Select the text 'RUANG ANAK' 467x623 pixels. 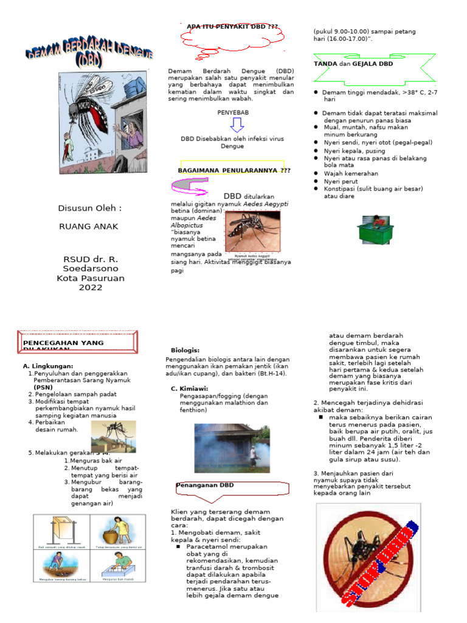[88, 227]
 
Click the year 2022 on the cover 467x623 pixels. [90, 288]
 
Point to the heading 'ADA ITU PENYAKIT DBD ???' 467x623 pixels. [232, 27]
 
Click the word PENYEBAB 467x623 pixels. [233, 113]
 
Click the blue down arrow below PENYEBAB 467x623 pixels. [237, 125]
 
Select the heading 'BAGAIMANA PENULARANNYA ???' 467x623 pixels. [233, 170]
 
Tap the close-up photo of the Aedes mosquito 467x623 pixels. [253, 232]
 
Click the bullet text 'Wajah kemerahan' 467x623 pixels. [351, 173]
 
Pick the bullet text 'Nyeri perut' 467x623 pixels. [341, 181]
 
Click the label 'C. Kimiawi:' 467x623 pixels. [190, 388]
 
